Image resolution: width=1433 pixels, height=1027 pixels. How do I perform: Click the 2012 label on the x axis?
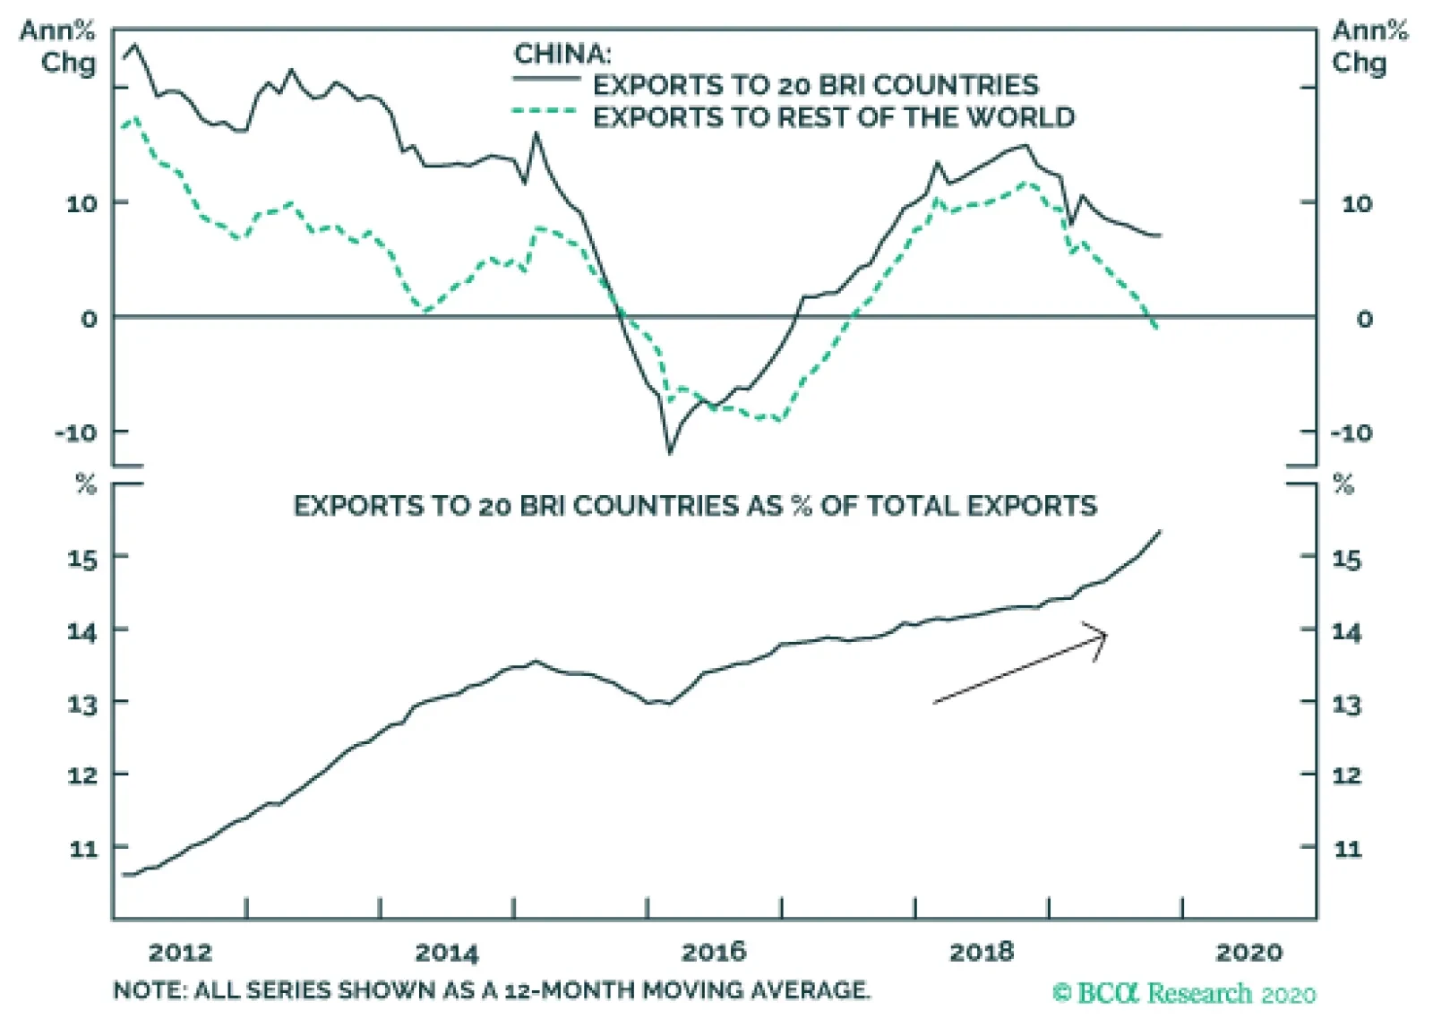click(180, 952)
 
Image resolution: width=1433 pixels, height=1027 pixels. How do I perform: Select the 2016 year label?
click(714, 952)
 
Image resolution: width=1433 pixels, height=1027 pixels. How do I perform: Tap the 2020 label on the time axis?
click(1249, 952)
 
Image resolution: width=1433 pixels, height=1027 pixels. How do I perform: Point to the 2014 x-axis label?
click(447, 952)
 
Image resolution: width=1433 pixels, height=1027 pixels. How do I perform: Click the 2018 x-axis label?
click(982, 952)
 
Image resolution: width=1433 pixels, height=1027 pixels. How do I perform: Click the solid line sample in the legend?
click(546, 80)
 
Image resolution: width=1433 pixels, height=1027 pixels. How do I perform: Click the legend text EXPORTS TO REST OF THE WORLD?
click(834, 117)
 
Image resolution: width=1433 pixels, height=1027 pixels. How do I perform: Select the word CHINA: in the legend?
click(562, 54)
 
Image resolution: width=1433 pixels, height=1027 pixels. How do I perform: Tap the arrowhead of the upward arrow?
click(1102, 637)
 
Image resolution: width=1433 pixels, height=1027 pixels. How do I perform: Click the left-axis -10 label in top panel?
click(76, 433)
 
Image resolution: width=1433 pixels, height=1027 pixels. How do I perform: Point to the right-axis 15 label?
click(1346, 561)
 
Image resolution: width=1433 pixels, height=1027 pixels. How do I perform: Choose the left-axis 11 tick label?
click(83, 848)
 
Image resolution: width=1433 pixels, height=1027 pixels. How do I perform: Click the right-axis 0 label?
click(1364, 320)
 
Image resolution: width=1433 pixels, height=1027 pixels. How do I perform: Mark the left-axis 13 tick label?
click(83, 704)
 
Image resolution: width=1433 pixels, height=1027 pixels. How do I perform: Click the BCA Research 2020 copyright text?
click(1184, 994)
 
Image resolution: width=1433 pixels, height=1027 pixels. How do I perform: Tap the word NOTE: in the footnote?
click(149, 990)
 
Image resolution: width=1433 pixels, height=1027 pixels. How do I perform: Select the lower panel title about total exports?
click(695, 507)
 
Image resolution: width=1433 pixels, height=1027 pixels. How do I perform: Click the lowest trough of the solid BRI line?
click(670, 452)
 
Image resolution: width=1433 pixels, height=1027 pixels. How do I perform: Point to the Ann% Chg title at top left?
click(59, 47)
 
